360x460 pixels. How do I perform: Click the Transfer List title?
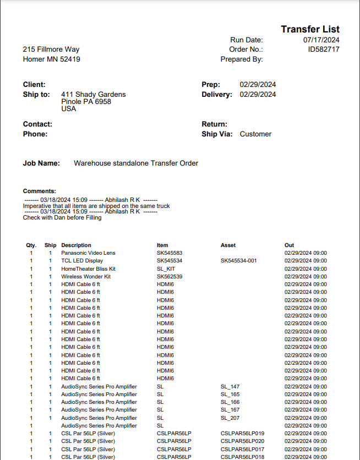(x=310, y=29)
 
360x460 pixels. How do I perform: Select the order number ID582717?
(x=324, y=50)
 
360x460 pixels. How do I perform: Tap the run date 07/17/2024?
(x=321, y=40)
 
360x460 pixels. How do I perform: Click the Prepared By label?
(x=242, y=59)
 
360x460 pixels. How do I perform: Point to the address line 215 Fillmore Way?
(x=51, y=50)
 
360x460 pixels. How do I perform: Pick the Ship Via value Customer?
(x=255, y=134)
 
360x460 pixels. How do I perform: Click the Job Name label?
(x=41, y=163)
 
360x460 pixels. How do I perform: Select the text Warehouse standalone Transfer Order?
(x=136, y=163)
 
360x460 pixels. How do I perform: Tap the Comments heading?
(x=40, y=191)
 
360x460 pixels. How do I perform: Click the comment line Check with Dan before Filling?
(x=62, y=217)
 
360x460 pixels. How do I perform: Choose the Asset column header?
(x=228, y=245)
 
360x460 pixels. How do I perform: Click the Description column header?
(x=76, y=245)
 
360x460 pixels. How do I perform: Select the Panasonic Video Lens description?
(x=88, y=253)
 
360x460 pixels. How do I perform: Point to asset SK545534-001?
(x=239, y=261)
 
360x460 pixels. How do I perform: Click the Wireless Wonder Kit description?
(x=86, y=276)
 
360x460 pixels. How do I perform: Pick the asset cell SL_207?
(x=230, y=418)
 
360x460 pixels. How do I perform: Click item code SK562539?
(x=170, y=276)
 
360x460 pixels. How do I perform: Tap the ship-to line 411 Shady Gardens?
(x=94, y=95)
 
